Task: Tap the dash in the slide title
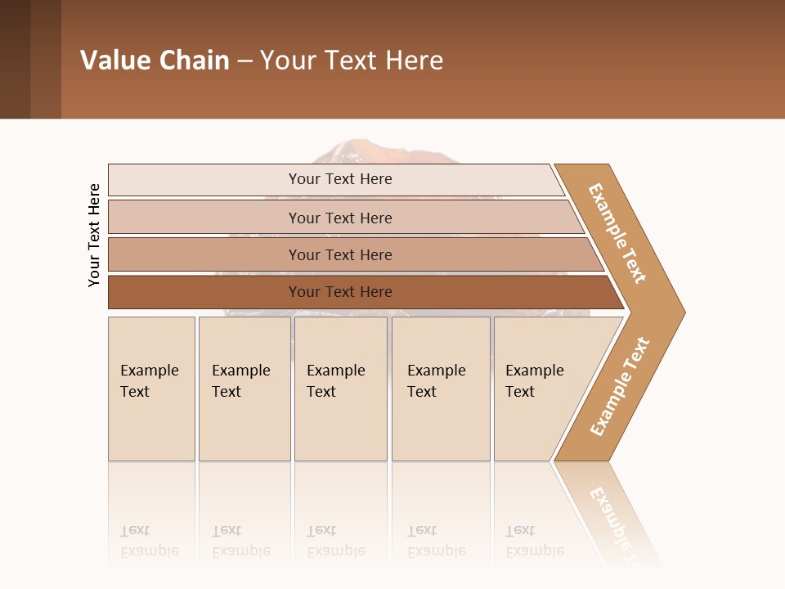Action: pyautogui.click(x=244, y=61)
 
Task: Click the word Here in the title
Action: pyautogui.click(x=414, y=60)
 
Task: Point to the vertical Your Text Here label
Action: pyautogui.click(x=94, y=235)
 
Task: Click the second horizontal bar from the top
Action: pyautogui.click(x=340, y=218)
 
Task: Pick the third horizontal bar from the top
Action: pyautogui.click(x=340, y=254)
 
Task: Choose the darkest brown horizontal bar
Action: pyautogui.click(x=340, y=292)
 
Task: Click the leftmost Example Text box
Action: pyautogui.click(x=151, y=389)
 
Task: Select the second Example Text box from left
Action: pyautogui.click(x=244, y=389)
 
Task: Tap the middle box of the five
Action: pyautogui.click(x=340, y=389)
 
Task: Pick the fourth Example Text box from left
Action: pyautogui.click(x=441, y=389)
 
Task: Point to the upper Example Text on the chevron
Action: pyautogui.click(x=617, y=233)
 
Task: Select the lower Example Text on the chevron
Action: pyautogui.click(x=619, y=387)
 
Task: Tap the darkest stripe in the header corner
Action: pyautogui.click(x=15, y=59)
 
